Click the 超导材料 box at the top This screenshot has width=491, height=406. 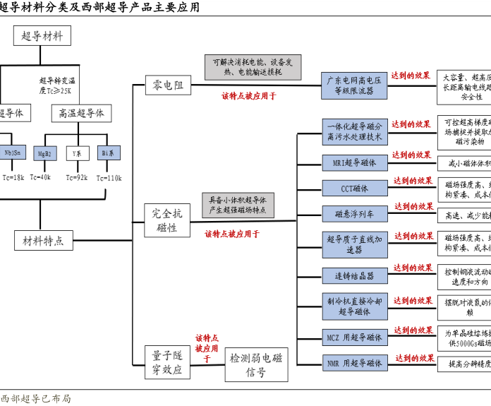pyautogui.click(x=42, y=37)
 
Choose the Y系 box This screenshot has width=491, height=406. pyautogui.click(x=76, y=153)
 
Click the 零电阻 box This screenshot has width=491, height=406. pyautogui.click(x=168, y=85)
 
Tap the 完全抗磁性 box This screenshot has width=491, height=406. pyautogui.click(x=167, y=220)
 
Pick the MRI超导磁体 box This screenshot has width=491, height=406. pyautogui.click(x=355, y=163)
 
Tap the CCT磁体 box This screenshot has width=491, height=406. pyautogui.click(x=355, y=188)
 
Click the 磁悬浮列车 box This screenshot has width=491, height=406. pyautogui.click(x=355, y=213)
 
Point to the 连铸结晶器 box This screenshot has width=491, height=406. pyautogui.click(x=355, y=275)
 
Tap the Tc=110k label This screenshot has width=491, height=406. pyautogui.click(x=109, y=177)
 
